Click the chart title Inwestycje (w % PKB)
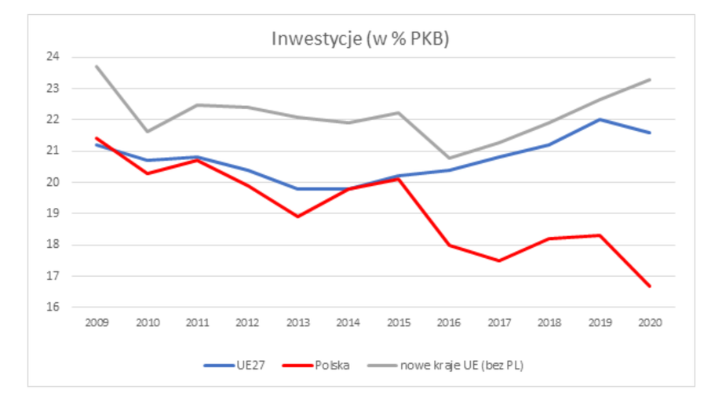[360, 39]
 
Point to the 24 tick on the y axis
[53, 57]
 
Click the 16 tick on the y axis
[53, 308]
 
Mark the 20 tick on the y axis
[53, 182]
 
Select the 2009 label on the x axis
[97, 323]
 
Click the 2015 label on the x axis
[398, 323]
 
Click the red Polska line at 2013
[297, 217]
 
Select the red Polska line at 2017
[498, 260]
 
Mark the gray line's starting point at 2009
[97, 67]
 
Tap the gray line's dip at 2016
[448, 158]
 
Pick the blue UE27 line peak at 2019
[600, 119]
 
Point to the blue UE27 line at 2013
[297, 188]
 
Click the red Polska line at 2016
[448, 245]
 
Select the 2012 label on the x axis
[247, 323]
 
